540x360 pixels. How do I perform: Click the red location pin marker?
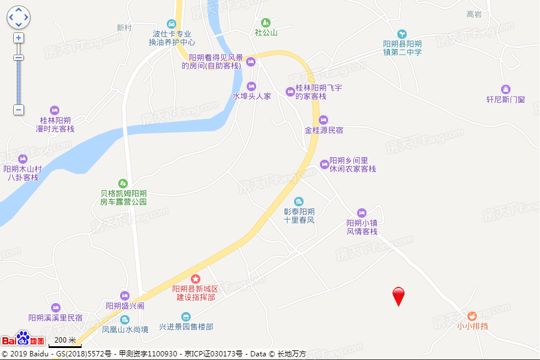pyautogui.click(x=398, y=296)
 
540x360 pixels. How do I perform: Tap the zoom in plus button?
pyautogui.click(x=19, y=38)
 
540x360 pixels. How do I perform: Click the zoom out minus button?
pyautogui.click(x=19, y=110)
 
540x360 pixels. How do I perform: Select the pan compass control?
pyautogui.click(x=19, y=17)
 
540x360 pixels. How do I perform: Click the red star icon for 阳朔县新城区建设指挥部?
pyautogui.click(x=196, y=279)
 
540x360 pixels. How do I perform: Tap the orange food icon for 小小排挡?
pyautogui.click(x=472, y=316)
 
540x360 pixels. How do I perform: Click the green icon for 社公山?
pyautogui.click(x=266, y=22)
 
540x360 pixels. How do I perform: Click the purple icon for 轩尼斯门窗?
pyautogui.click(x=505, y=89)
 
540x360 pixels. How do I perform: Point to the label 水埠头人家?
pyautogui.click(x=252, y=96)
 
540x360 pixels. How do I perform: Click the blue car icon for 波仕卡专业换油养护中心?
pyautogui.click(x=172, y=24)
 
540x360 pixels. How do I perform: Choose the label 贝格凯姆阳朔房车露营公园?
pyautogui.click(x=124, y=197)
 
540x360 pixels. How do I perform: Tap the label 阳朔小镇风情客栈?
pyautogui.click(x=362, y=227)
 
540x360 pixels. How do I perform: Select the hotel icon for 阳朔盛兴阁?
pyautogui.click(x=125, y=295)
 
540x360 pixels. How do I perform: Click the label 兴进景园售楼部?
pyautogui.click(x=186, y=327)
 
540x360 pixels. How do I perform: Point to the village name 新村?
pyautogui.click(x=124, y=28)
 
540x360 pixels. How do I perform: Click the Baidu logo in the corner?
pyautogui.click(x=23, y=339)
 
